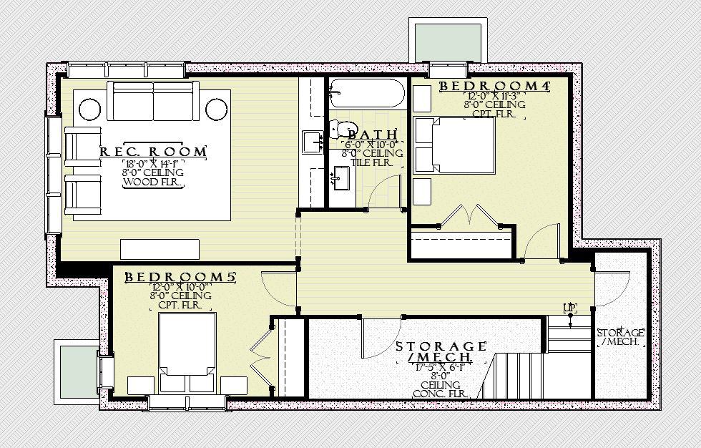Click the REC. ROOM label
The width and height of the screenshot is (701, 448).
pos(153,152)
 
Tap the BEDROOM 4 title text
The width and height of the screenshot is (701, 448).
pos(494,86)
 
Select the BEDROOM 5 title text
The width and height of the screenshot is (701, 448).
pos(180,277)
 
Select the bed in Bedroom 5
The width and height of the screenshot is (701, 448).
pos(187,345)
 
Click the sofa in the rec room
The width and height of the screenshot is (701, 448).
pos(152,102)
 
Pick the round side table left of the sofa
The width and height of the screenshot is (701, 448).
pos(89,109)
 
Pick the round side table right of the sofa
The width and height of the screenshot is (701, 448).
pos(215,109)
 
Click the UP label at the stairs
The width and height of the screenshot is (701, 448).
pos(569,308)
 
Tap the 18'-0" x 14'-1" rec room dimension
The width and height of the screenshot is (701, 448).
pos(153,163)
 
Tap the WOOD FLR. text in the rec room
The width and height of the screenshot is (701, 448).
pos(153,182)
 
